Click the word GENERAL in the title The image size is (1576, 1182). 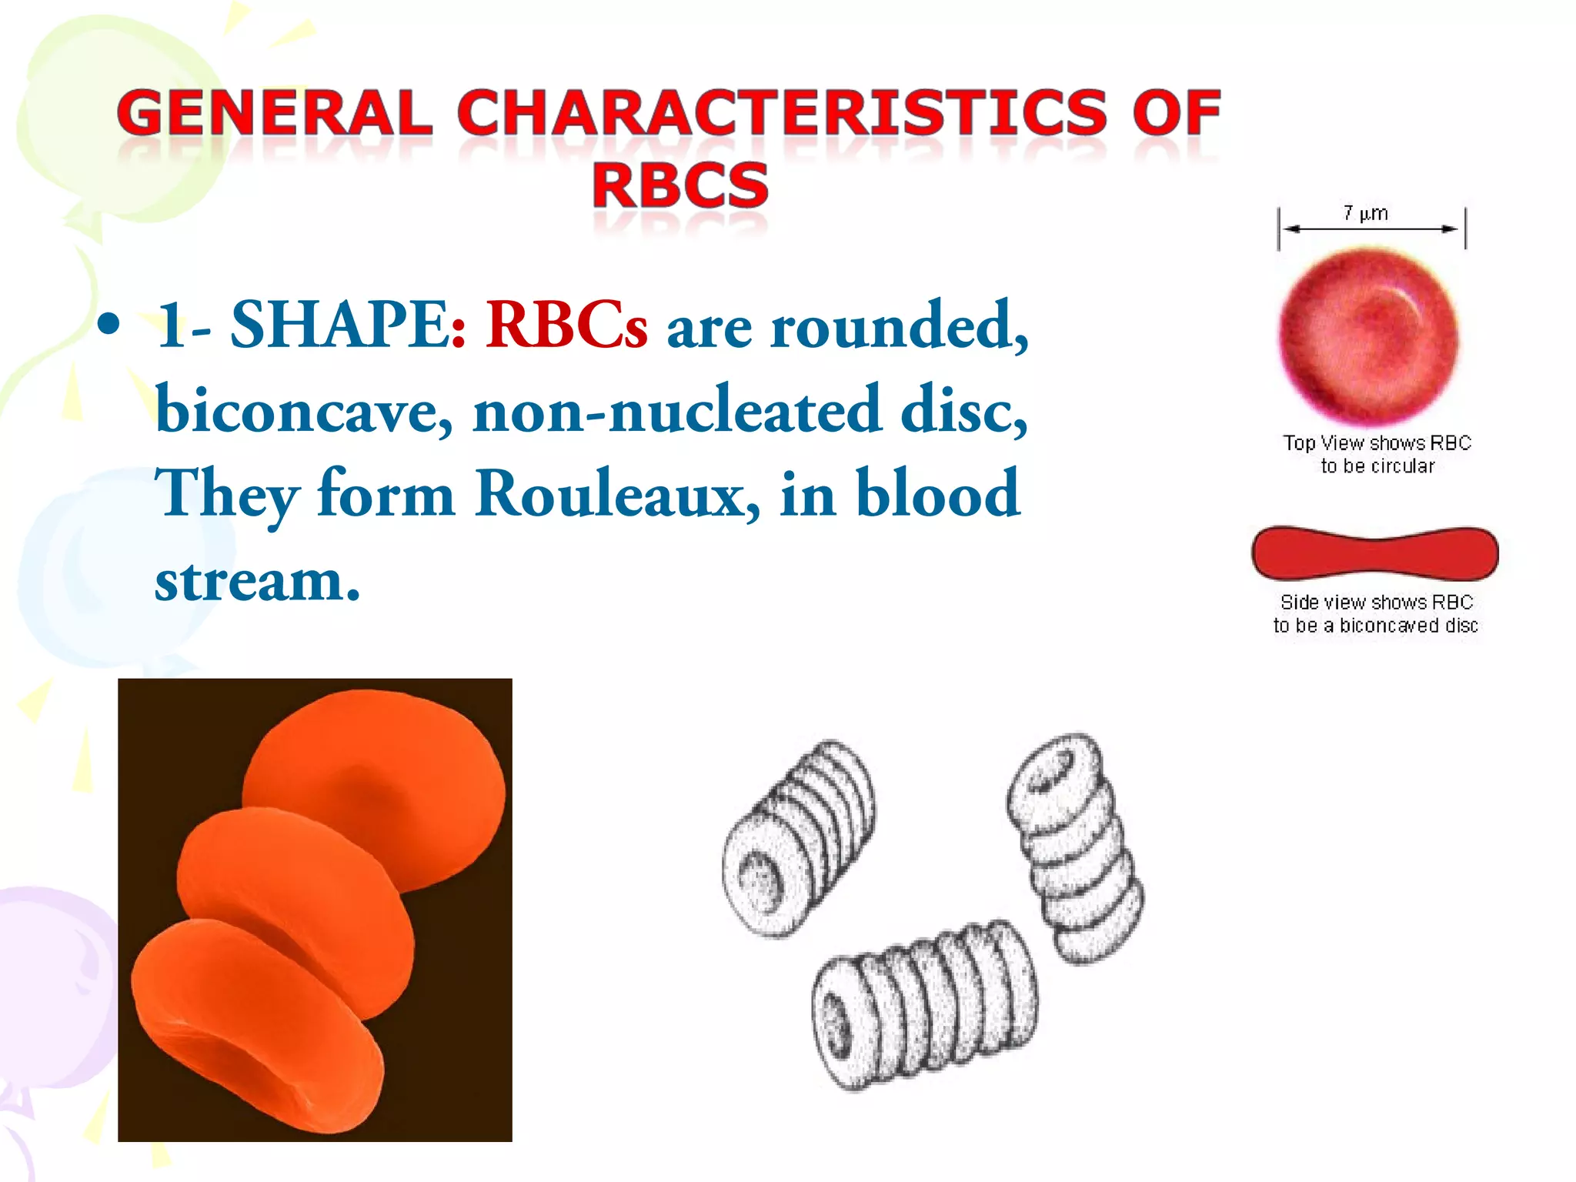tap(274, 113)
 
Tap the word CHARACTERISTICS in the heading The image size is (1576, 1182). tap(780, 113)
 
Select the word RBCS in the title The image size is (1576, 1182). tap(680, 185)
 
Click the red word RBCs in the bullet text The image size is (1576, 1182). tap(566, 326)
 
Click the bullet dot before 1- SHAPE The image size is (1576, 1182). tap(109, 326)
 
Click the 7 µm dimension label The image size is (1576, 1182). tap(1365, 213)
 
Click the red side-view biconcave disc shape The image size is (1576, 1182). tap(1374, 553)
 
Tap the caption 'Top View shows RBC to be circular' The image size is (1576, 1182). tap(1377, 454)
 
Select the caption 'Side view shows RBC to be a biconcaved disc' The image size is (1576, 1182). tap(1375, 613)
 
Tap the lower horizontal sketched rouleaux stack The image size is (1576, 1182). tap(923, 1004)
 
